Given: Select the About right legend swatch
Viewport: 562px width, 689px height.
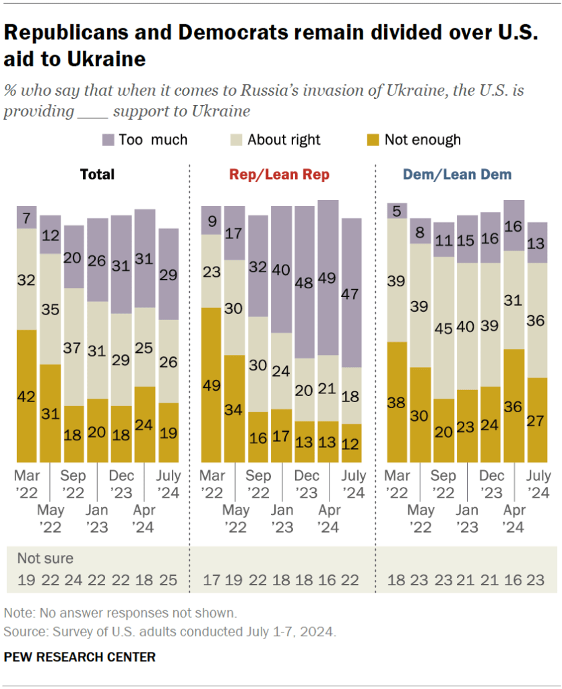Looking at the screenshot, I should click(x=236, y=140).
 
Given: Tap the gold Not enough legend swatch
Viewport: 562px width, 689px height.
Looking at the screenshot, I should click(x=373, y=140).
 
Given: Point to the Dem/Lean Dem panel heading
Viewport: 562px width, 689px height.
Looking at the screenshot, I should click(x=457, y=174).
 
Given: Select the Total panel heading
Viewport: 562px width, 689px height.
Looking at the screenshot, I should click(x=97, y=174).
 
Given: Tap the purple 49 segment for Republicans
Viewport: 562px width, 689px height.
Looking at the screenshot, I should click(x=327, y=277).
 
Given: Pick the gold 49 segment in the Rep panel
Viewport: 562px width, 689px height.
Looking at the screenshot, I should click(x=212, y=385).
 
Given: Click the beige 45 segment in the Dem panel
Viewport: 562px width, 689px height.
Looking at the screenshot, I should click(x=443, y=327).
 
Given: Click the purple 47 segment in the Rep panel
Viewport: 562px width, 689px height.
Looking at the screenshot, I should click(x=350, y=292).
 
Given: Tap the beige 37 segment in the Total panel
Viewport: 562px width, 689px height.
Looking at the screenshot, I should click(x=74, y=347).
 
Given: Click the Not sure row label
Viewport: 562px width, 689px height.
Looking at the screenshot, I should click(x=45, y=558).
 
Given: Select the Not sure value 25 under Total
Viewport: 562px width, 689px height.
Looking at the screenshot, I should click(x=169, y=579).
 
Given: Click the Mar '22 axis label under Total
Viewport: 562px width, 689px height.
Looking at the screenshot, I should click(x=27, y=483).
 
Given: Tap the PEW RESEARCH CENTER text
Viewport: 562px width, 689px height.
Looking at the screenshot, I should click(x=80, y=657).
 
